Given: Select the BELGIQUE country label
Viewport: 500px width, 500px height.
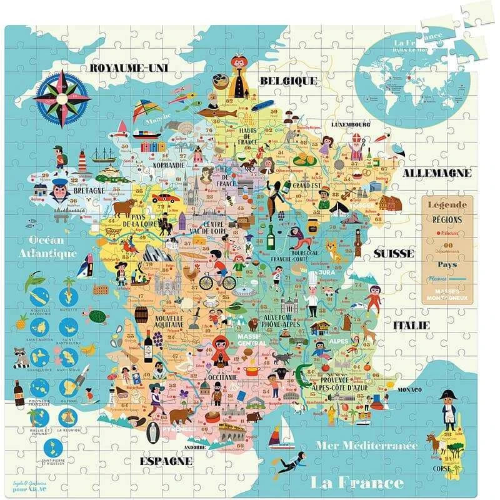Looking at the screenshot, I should click(x=288, y=81).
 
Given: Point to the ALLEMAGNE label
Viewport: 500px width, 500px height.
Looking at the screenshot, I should click(x=437, y=172).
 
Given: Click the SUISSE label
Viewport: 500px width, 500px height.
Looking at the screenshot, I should click(x=394, y=253).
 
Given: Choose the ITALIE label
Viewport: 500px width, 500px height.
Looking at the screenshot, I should click(x=411, y=325).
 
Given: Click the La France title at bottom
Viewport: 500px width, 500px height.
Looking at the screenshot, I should click(x=357, y=482).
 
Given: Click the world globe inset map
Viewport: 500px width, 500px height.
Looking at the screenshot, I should click(x=412, y=77).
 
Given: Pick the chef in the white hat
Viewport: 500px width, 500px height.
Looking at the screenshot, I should click(x=312, y=294).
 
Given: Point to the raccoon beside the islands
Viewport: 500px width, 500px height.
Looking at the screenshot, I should click(x=22, y=356).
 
